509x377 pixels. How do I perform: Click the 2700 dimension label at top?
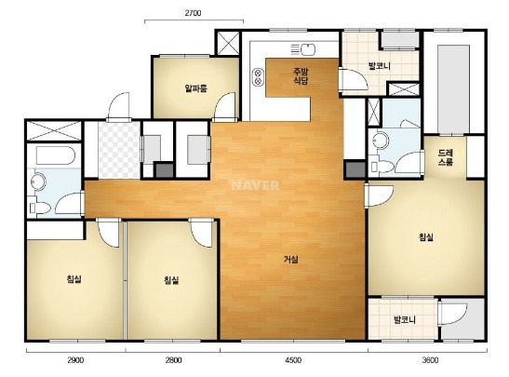click(193, 13)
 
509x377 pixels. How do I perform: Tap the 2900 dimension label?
click(75, 360)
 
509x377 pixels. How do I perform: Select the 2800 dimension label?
click(173, 360)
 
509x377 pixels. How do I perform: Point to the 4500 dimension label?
click(293, 360)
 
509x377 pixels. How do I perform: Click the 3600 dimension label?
click(430, 360)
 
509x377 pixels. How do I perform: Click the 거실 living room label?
click(291, 260)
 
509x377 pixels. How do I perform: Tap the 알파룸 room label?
click(195, 88)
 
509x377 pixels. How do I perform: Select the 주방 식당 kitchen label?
click(301, 76)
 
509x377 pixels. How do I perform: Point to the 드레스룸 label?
click(446, 157)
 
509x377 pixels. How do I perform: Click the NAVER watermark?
click(255, 185)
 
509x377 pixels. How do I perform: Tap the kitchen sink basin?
click(308, 49)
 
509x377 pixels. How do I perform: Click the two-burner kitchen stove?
click(258, 77)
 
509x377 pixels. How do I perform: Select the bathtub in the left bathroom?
click(56, 155)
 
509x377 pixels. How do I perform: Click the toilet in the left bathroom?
click(39, 208)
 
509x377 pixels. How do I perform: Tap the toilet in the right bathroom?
click(382, 167)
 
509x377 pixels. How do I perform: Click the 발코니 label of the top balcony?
click(379, 66)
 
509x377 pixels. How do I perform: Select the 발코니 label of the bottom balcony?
click(405, 320)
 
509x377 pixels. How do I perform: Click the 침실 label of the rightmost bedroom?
click(426, 237)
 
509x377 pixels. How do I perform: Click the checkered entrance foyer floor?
click(119, 150)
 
